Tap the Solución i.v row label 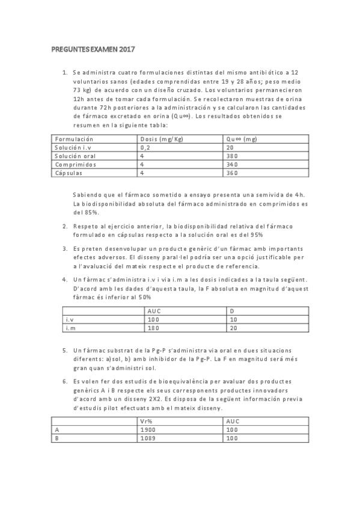pos(71,147)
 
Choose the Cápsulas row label pos(68,173)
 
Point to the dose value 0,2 pos(144,147)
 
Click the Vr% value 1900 pos(147,430)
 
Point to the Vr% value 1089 pos(147,438)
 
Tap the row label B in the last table pos(56,438)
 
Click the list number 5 pos(64,349)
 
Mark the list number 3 pos(64,248)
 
